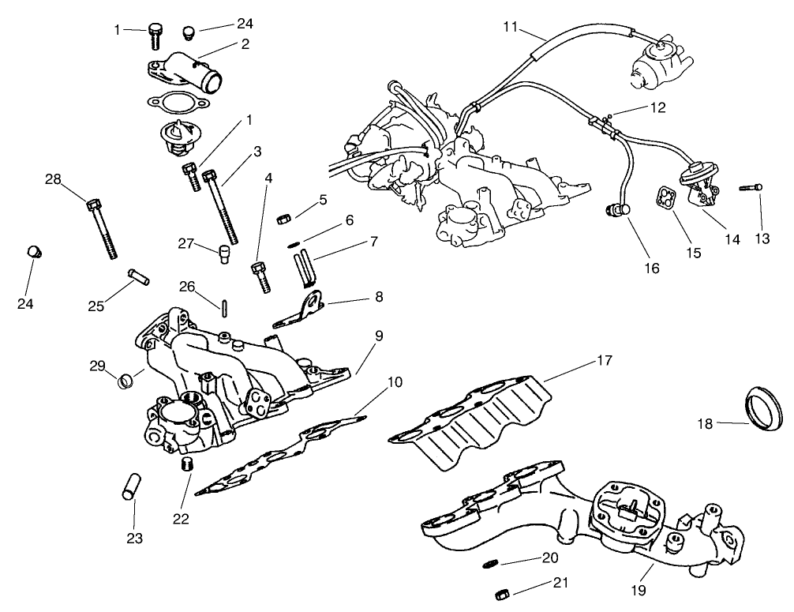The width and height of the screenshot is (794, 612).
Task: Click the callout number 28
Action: coord(53,180)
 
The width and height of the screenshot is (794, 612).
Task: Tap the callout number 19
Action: coord(639,590)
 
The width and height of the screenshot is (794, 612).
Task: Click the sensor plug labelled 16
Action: coord(614,209)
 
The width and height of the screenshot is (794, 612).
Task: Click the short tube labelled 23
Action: coord(130,485)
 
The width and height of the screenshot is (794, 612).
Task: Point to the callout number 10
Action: coord(395,382)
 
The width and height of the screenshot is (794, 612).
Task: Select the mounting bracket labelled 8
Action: coord(302,311)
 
